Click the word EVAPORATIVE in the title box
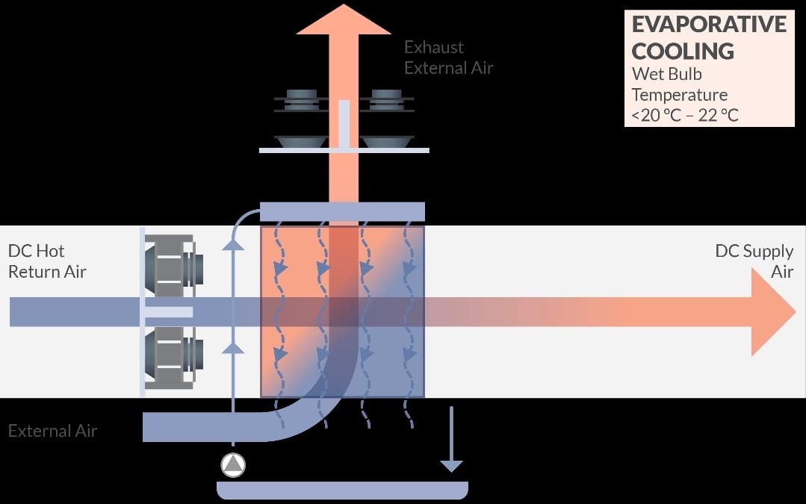click(x=709, y=24)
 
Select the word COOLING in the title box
click(x=683, y=52)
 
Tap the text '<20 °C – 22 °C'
click(x=685, y=115)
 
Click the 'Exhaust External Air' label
click(x=449, y=57)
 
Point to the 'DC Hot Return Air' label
click(x=47, y=261)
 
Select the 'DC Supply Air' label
click(x=754, y=261)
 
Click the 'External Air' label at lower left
click(x=52, y=431)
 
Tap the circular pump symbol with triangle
click(x=233, y=465)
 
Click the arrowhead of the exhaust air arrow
click(x=344, y=19)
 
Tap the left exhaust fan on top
click(x=301, y=118)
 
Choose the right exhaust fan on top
click(x=386, y=118)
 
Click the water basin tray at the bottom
click(x=342, y=490)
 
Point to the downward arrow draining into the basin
click(x=451, y=439)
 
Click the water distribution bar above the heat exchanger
click(x=342, y=211)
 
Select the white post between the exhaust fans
click(x=344, y=124)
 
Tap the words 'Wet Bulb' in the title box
click(x=667, y=74)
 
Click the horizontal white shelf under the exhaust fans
click(x=344, y=151)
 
